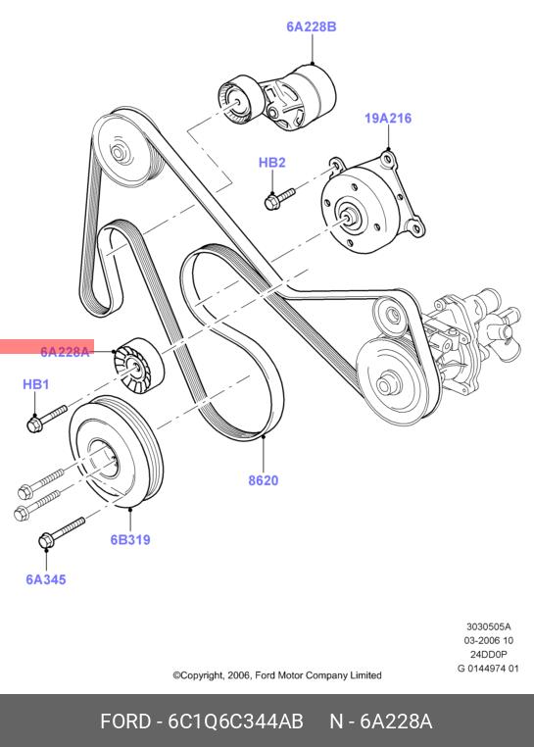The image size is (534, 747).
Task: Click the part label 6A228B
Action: pyautogui.click(x=311, y=26)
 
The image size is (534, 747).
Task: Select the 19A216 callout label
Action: pyautogui.click(x=388, y=119)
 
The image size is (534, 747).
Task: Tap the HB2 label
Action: pyautogui.click(x=272, y=163)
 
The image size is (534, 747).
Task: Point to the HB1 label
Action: pyautogui.click(x=35, y=384)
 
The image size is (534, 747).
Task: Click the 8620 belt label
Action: pyautogui.click(x=264, y=480)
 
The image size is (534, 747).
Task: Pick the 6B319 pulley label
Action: pyautogui.click(x=130, y=540)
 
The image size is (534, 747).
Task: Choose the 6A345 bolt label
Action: pyautogui.click(x=46, y=579)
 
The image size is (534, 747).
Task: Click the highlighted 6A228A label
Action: pyautogui.click(x=65, y=352)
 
